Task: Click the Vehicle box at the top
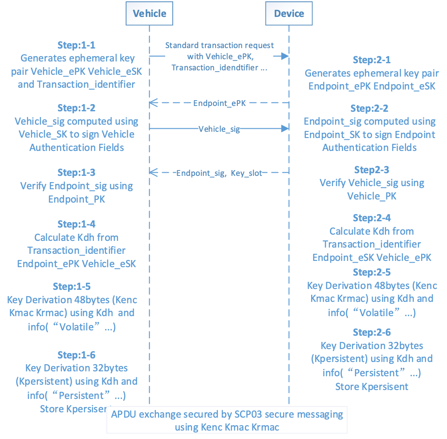150,13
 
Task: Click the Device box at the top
289,13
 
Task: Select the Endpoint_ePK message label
219,104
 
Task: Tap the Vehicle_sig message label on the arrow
219,129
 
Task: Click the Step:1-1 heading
77,45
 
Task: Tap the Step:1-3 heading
77,173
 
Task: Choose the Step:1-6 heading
77,355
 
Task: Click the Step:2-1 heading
371,60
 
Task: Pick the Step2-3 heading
371,170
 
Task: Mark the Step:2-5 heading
371,272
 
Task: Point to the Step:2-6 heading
371,333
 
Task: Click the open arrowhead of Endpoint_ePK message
153,104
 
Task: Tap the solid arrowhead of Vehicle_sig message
285,129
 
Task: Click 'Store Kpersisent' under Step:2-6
371,386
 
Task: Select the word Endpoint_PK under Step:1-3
77,199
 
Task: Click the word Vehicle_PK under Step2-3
371,196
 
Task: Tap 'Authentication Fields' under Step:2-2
370,147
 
